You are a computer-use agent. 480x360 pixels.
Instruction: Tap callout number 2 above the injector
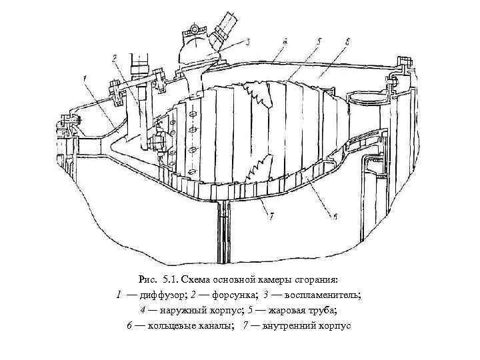115,59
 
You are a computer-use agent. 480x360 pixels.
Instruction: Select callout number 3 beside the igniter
247,42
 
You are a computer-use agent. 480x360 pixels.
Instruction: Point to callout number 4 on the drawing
285,41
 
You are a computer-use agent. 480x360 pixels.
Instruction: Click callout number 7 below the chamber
269,215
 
